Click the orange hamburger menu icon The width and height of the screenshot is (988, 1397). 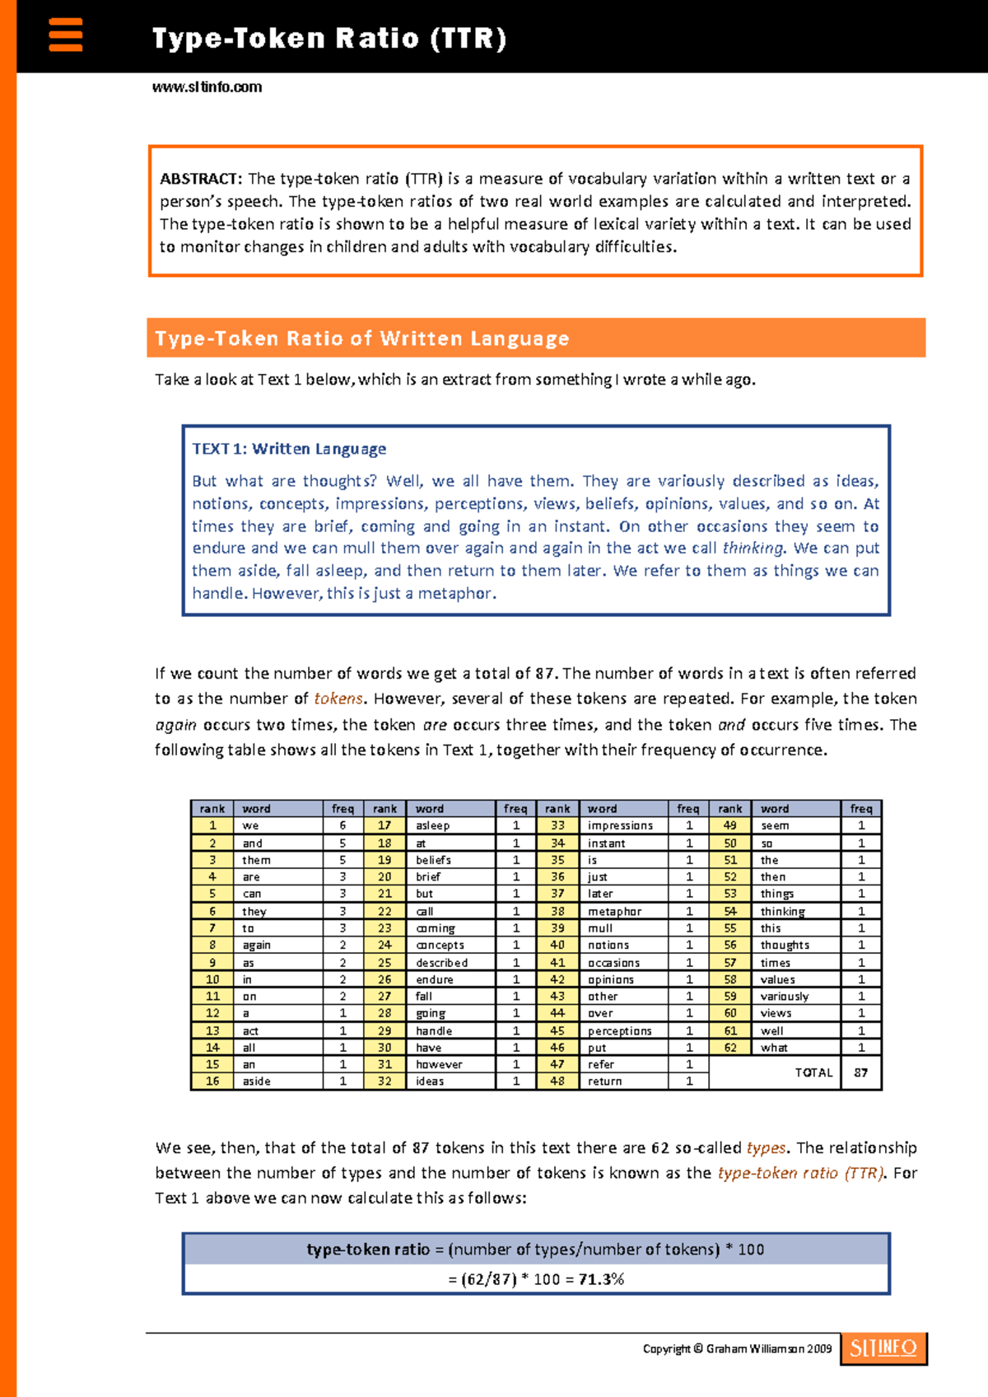click(66, 35)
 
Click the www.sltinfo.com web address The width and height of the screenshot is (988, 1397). click(207, 87)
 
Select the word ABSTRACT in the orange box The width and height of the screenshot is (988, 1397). click(200, 179)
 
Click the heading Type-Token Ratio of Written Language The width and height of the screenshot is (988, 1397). click(362, 339)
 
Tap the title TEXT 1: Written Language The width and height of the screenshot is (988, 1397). click(289, 449)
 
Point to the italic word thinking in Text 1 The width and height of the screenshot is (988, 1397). click(753, 549)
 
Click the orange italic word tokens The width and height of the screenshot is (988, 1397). click(338, 698)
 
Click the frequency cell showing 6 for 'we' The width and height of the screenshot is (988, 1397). click(343, 825)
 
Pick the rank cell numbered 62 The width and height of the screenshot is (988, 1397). click(730, 1048)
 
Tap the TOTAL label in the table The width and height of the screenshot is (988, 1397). click(813, 1072)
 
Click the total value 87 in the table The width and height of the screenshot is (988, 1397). click(861, 1072)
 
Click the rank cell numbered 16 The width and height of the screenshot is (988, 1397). click(212, 1082)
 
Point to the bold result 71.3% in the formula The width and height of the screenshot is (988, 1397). click(601, 1279)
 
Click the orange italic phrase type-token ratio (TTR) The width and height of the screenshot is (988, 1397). click(801, 1173)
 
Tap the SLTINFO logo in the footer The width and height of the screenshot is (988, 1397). click(883, 1348)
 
